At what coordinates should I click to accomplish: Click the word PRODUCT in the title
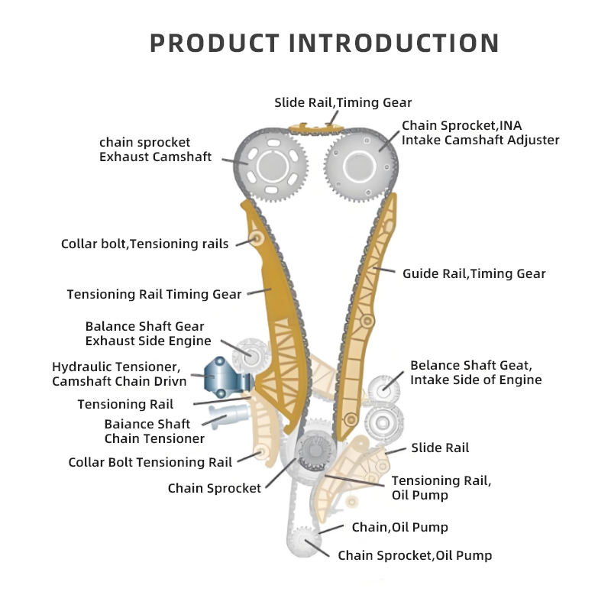214,42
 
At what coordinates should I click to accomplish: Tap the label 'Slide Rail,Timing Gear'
343,102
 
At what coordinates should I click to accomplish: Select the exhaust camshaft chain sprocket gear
270,164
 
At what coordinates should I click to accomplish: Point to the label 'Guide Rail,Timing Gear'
474,273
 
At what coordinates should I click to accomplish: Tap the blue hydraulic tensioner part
224,377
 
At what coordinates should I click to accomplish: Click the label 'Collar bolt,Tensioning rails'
144,244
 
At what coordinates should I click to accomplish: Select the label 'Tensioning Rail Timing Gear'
154,294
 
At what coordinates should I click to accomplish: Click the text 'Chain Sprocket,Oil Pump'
415,555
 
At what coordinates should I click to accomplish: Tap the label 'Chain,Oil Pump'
399,527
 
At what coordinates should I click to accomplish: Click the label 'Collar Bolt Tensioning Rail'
150,462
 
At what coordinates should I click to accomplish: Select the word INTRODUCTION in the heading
395,42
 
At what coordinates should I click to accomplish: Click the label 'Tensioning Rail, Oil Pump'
441,487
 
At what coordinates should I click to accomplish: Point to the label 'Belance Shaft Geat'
476,372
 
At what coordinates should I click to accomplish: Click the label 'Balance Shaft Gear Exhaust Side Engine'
148,334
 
